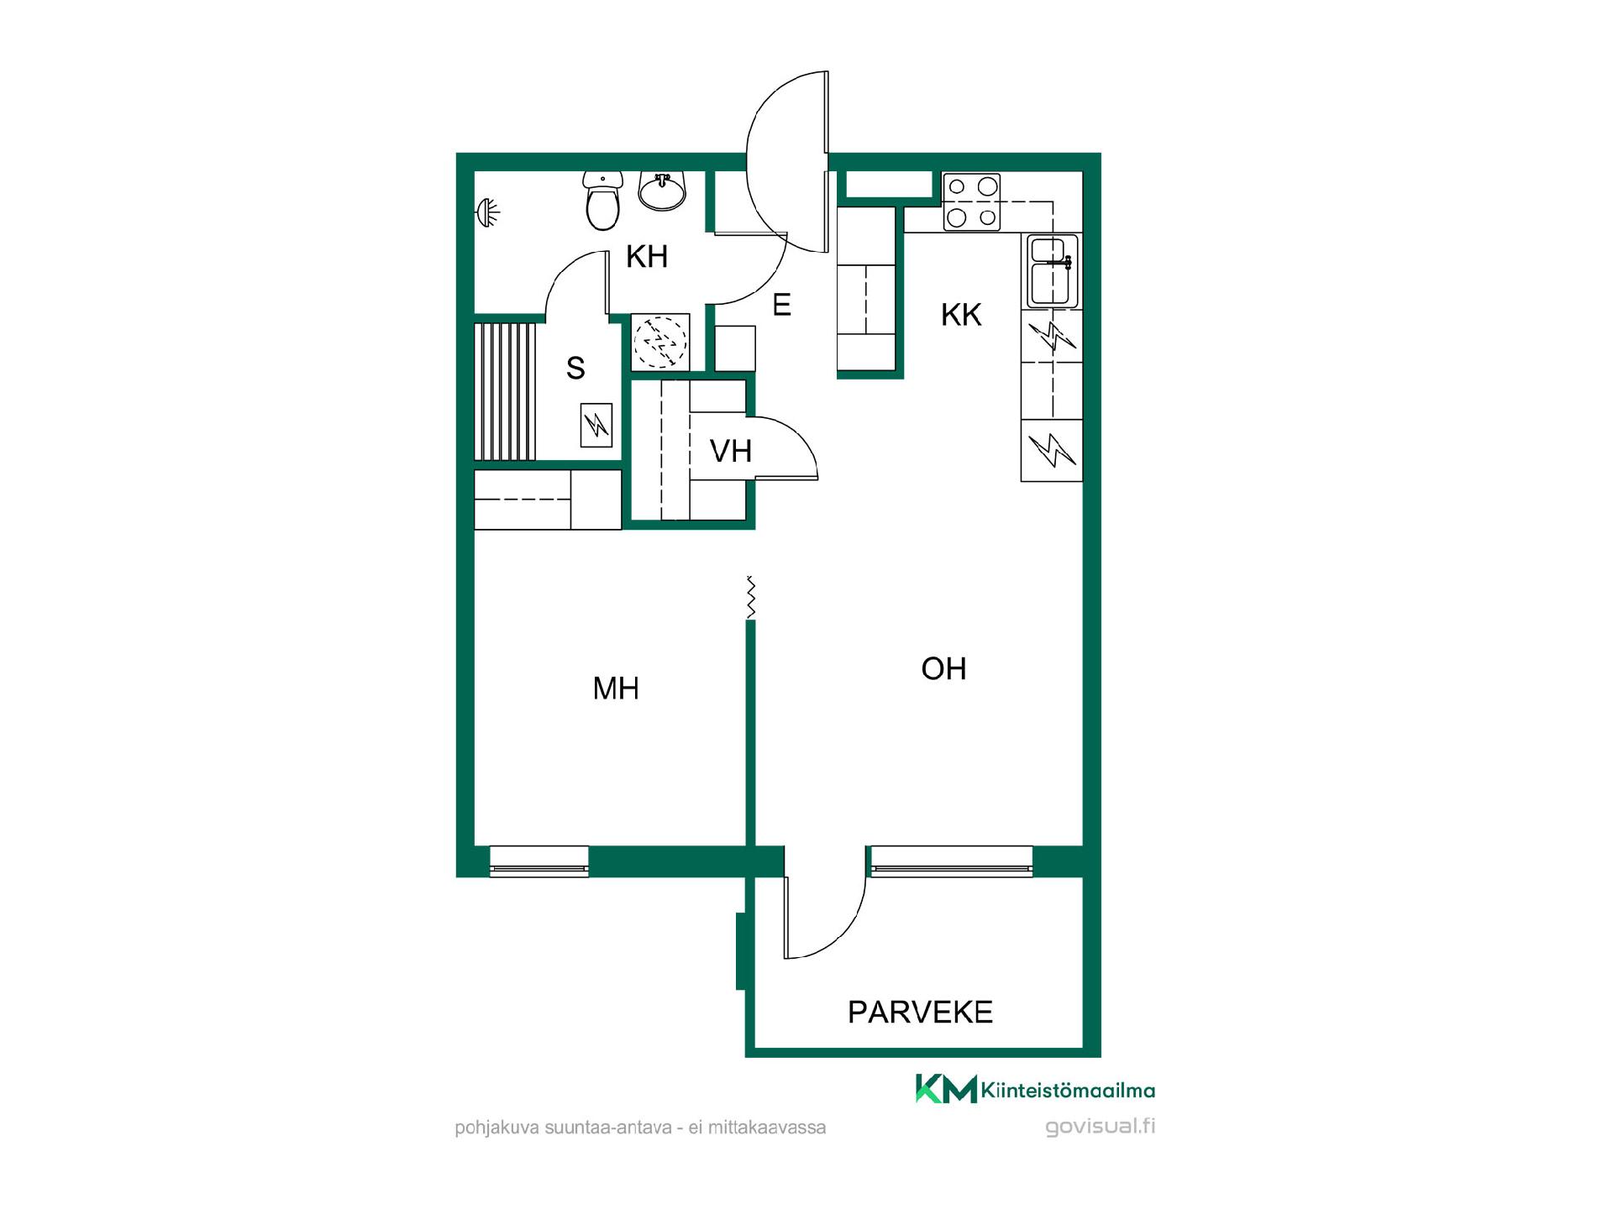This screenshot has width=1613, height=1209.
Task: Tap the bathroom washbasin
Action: pyautogui.click(x=662, y=190)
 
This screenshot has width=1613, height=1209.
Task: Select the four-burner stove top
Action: pyautogui.click(x=972, y=202)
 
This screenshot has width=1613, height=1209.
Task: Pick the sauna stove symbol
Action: pyautogui.click(x=596, y=425)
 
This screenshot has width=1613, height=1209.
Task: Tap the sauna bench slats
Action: pyautogui.click(x=505, y=391)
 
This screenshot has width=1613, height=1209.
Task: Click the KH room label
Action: pyautogui.click(x=647, y=257)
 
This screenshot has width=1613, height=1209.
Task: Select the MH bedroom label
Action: pyautogui.click(x=616, y=688)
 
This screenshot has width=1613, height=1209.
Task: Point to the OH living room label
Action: pyautogui.click(x=943, y=668)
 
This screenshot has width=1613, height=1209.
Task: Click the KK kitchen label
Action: pyautogui.click(x=961, y=315)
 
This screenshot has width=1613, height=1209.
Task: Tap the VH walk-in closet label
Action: pyautogui.click(x=730, y=451)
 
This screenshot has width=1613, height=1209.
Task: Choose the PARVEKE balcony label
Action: pyautogui.click(x=920, y=1012)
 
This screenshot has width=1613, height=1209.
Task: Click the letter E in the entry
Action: pyautogui.click(x=781, y=305)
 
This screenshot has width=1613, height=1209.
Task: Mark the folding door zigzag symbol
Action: pyautogui.click(x=751, y=598)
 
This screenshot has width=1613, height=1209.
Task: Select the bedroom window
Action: pyautogui.click(x=539, y=861)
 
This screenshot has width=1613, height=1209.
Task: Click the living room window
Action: pyautogui.click(x=951, y=861)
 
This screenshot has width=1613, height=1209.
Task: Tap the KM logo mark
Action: pyautogui.click(x=946, y=1088)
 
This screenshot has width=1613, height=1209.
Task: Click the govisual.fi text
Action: pyautogui.click(x=1100, y=1127)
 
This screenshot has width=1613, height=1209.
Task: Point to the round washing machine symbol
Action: pyautogui.click(x=660, y=342)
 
